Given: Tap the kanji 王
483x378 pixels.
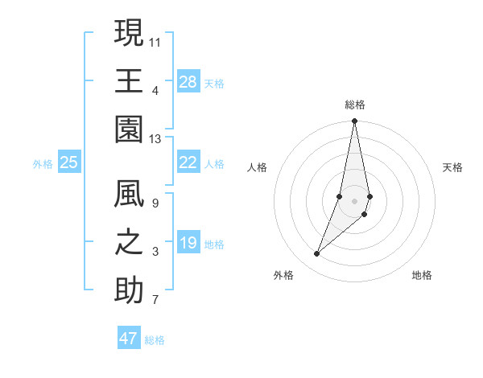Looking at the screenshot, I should click(129, 81).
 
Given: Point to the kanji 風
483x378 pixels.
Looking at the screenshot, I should click(129, 195).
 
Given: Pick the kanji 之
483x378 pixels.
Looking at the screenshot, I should click(129, 244).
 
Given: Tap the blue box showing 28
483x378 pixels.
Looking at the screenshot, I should click(188, 82).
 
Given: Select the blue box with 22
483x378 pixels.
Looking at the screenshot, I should click(188, 162).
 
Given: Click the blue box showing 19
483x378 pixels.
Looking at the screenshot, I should click(188, 243).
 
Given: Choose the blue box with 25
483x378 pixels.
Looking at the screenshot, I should click(69, 162).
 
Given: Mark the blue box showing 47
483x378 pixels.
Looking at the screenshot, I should click(129, 339).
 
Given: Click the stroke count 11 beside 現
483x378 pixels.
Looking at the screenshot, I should click(155, 41).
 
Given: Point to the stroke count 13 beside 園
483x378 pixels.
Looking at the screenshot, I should click(155, 139).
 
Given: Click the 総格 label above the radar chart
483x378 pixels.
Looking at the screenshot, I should click(355, 105).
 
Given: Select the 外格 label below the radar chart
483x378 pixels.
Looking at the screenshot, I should click(283, 275).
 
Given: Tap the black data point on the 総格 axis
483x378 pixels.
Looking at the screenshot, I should click(354, 121).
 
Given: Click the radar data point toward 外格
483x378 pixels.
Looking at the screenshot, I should click(317, 254).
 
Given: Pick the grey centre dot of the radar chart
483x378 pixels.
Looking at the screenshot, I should click(354, 201).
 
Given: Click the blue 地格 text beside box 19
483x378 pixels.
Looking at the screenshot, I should click(215, 244).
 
